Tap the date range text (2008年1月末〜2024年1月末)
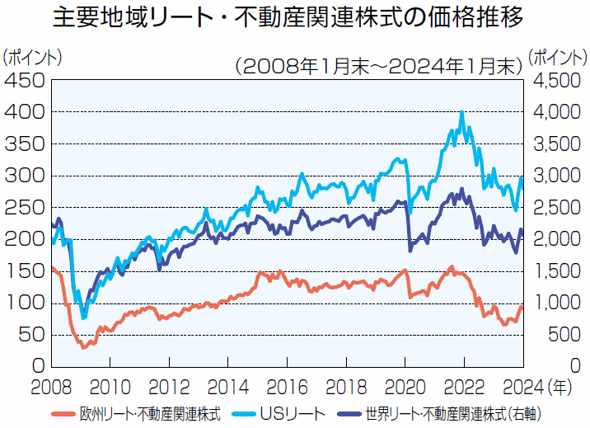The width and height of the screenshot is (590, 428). [378, 66]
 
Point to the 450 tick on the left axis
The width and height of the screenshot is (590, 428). [24, 80]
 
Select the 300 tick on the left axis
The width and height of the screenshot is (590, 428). [24, 176]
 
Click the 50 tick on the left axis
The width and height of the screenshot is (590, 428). [30, 334]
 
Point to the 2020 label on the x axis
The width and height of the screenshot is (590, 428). [404, 383]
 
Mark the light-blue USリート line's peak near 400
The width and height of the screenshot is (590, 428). [461, 111]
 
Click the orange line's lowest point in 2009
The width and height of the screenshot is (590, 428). [83, 347]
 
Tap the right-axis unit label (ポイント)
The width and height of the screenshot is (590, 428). [558, 58]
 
